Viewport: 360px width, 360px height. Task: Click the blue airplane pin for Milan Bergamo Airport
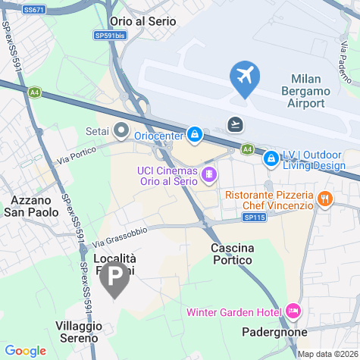point(245,77)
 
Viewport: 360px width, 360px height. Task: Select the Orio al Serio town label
point(142,21)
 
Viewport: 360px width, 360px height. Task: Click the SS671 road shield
point(33,9)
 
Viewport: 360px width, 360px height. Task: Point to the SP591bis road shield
point(110,35)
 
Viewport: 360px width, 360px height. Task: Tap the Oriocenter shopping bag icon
point(195,135)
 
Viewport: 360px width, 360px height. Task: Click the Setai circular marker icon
point(120,129)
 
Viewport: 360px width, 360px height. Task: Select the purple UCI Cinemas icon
point(208,176)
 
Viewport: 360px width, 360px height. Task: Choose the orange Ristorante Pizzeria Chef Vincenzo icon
point(324,199)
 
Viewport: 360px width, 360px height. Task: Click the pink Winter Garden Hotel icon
point(293,311)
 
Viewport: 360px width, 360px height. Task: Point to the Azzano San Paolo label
point(33,206)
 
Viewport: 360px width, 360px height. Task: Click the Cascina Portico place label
point(236,255)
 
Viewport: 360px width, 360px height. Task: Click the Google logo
point(26,350)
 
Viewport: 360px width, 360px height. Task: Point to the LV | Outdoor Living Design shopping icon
point(271,158)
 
